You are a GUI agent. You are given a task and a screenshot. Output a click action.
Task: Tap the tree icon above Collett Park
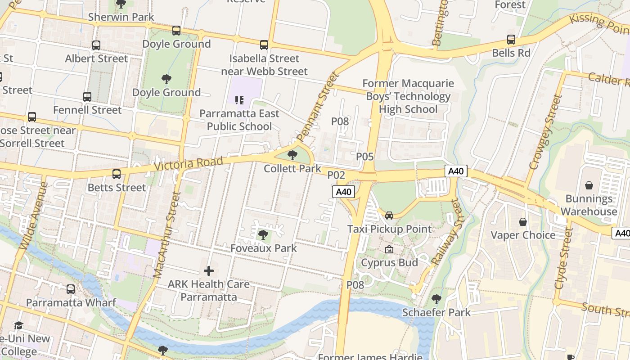tap(292, 156)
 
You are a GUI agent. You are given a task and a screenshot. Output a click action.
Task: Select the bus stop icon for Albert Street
tap(96, 45)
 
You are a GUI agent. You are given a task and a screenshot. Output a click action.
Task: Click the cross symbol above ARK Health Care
tap(208, 271)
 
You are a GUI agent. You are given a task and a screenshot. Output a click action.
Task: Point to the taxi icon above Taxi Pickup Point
tap(389, 216)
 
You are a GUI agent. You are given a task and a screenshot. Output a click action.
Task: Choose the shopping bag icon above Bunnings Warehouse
tap(589, 185)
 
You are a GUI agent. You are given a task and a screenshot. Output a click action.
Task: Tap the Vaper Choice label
tap(523, 235)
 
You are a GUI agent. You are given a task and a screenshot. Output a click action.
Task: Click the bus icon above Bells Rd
tap(511, 40)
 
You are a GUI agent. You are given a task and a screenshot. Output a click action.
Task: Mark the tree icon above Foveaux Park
tap(263, 235)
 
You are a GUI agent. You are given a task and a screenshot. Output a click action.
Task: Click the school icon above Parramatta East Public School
tap(239, 100)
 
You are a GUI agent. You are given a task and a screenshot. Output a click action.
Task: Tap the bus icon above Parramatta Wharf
tap(71, 289)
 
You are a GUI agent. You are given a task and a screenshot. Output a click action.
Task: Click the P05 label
tap(365, 157)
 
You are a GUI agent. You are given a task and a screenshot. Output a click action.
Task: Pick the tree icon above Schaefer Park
tap(436, 299)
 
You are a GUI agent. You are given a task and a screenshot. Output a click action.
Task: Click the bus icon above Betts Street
tap(117, 174)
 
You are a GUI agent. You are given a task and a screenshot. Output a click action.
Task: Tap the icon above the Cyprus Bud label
tap(389, 249)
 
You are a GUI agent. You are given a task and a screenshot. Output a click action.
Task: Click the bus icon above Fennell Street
tap(87, 97)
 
